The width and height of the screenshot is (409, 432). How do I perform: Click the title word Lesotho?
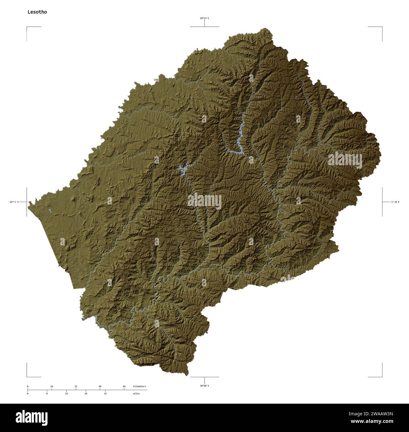point(37,12)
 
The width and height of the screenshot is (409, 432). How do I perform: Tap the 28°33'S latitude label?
point(204,18)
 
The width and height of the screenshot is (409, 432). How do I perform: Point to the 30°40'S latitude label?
point(204,386)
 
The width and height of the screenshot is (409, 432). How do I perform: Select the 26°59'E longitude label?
point(14,202)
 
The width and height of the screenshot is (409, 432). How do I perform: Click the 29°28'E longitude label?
point(395,202)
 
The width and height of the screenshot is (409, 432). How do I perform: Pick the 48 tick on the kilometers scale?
point(100,386)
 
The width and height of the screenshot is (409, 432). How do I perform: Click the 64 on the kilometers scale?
point(124,386)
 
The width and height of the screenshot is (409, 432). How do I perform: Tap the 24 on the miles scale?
point(86,394)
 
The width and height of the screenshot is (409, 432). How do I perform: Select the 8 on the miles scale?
point(47,394)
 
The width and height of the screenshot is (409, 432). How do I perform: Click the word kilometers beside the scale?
point(139,386)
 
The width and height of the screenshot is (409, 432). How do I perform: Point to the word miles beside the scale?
point(136,394)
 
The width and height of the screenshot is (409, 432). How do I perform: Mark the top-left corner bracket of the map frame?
point(27,28)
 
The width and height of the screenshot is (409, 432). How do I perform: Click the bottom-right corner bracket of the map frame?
point(382,376)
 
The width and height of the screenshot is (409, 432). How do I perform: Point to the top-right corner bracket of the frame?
point(382,28)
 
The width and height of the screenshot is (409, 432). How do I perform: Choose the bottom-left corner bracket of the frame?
point(27,376)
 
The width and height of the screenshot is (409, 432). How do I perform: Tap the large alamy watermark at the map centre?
point(204,202)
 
